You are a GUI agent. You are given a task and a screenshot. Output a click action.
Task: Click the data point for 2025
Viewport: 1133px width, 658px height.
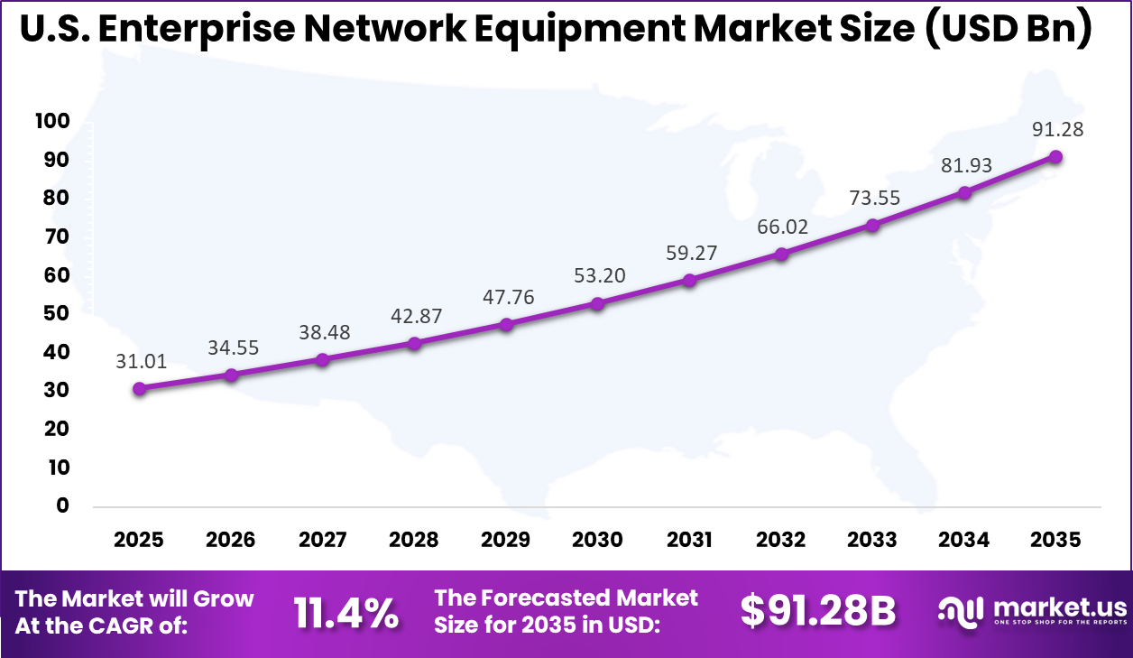(139, 389)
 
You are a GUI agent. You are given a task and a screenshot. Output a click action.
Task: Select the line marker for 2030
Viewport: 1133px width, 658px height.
(597, 304)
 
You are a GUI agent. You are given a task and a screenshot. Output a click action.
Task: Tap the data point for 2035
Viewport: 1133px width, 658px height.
(1055, 157)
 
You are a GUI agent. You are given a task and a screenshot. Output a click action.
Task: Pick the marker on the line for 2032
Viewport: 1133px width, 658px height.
(781, 255)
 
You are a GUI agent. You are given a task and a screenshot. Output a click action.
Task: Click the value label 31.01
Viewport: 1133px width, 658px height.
(141, 362)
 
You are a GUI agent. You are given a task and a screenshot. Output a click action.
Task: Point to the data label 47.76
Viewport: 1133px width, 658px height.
(506, 297)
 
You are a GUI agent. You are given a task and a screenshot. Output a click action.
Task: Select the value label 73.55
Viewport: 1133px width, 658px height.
(873, 198)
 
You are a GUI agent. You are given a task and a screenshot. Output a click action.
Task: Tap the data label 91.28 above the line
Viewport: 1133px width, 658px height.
(1056, 129)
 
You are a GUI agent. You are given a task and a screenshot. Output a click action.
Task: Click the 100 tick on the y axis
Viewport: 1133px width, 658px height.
(51, 122)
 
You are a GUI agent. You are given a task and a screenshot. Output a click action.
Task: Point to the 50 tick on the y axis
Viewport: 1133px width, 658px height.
(56, 314)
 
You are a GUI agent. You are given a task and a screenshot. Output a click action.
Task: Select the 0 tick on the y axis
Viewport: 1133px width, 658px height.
(61, 506)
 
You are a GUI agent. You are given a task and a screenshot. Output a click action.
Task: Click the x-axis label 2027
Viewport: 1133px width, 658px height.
(323, 540)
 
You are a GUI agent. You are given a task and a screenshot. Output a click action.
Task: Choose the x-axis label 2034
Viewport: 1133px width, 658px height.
(963, 540)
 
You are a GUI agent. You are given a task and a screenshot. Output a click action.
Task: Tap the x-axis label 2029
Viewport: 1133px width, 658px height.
(506, 540)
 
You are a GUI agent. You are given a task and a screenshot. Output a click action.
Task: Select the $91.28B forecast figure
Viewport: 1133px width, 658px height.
(817, 612)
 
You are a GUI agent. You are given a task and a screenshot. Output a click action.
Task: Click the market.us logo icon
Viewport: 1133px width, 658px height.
(962, 612)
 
